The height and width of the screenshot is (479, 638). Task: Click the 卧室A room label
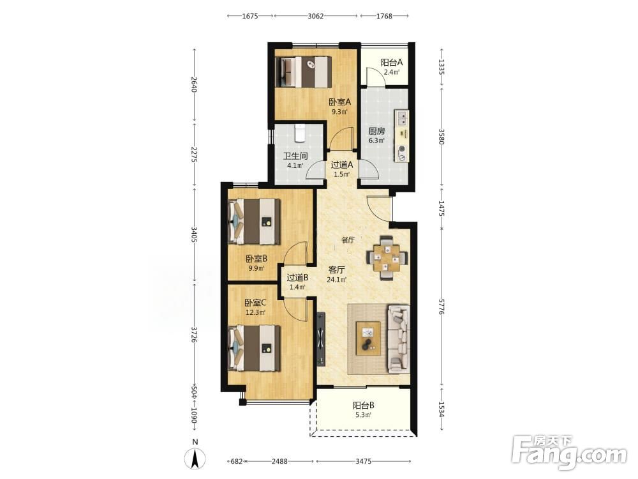[340, 102]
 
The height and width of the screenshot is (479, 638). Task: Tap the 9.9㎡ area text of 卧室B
[256, 268]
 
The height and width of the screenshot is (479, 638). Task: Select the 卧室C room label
[256, 303]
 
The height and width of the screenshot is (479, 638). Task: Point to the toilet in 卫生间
[299, 133]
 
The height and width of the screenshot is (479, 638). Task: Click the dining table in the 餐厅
[387, 258]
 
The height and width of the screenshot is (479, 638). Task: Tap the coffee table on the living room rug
[368, 338]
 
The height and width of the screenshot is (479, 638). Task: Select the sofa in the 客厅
[398, 339]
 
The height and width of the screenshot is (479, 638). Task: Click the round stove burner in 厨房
[403, 149]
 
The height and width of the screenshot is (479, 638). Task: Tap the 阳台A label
[392, 63]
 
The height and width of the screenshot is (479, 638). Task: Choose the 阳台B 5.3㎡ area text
[364, 415]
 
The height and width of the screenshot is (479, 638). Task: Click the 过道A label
[341, 165]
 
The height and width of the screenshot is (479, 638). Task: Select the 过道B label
[297, 278]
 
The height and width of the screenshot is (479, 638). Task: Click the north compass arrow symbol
[195, 459]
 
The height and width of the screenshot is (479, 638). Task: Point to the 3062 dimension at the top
[316, 16]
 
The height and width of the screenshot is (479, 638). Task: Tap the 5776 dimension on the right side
[442, 305]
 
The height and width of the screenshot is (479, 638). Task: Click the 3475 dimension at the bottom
[364, 461]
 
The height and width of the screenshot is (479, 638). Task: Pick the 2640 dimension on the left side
[195, 84]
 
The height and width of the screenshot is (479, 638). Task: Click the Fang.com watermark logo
[569, 453]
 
